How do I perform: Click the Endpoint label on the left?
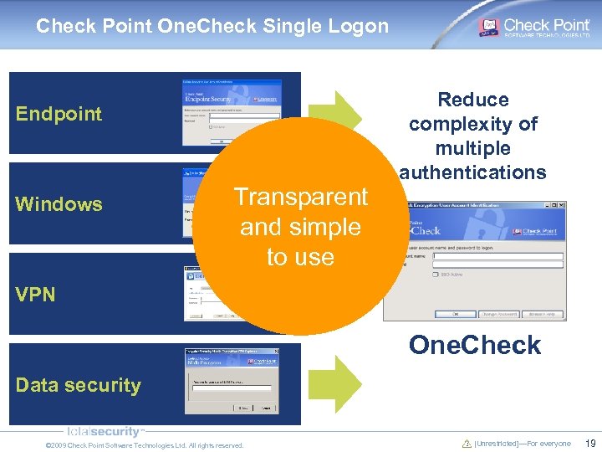(x=59, y=114)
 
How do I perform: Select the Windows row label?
(x=59, y=204)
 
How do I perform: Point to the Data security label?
(x=78, y=385)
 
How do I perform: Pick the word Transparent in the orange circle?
(x=300, y=198)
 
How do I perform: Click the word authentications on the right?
(x=473, y=172)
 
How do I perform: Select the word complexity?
(x=473, y=124)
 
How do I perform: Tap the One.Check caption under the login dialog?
(x=474, y=345)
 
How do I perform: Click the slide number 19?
(x=590, y=444)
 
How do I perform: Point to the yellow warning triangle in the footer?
(x=467, y=444)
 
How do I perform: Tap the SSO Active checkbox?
(x=436, y=274)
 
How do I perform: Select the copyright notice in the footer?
(x=144, y=445)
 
